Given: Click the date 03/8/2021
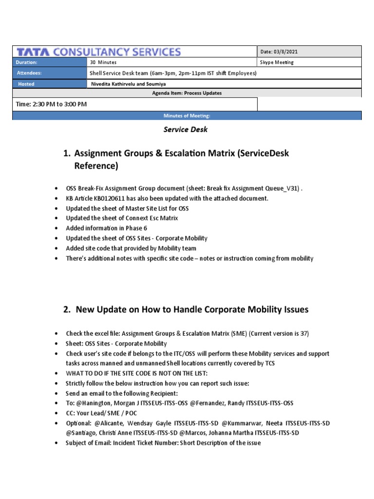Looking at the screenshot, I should [x=283, y=52].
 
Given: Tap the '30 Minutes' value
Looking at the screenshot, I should [x=103, y=62].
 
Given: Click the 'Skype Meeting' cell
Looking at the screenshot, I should [x=278, y=62].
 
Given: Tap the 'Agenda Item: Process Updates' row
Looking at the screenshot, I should [x=187, y=93].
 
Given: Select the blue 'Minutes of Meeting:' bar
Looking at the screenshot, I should [x=187, y=116].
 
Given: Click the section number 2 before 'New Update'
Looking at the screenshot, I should [x=66, y=309].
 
